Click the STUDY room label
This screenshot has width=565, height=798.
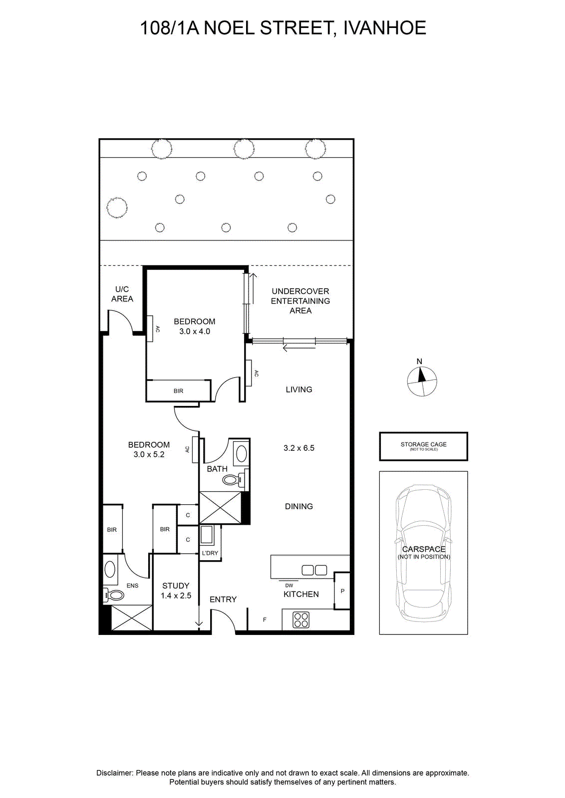point(175,586)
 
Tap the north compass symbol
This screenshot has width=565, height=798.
point(422,381)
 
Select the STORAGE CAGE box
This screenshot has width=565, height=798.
point(423,446)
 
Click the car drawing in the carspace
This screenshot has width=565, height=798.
point(423,554)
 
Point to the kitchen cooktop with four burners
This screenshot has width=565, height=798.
point(301,619)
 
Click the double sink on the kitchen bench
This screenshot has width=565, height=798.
point(314,571)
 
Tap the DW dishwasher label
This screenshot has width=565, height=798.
point(288,586)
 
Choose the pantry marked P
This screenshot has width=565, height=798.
point(342,591)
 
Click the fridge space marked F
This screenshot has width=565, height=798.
point(265,620)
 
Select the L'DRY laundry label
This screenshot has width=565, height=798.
point(210,553)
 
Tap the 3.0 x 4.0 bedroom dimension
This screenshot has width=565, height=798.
point(194,331)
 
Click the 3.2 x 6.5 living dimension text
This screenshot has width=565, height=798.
point(298,448)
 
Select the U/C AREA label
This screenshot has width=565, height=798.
point(122,294)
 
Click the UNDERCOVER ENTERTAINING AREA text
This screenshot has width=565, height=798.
point(300,301)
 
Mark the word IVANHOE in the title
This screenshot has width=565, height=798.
point(385,28)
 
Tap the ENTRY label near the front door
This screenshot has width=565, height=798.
point(223,599)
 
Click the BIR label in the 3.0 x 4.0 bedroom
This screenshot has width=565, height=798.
point(178,391)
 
